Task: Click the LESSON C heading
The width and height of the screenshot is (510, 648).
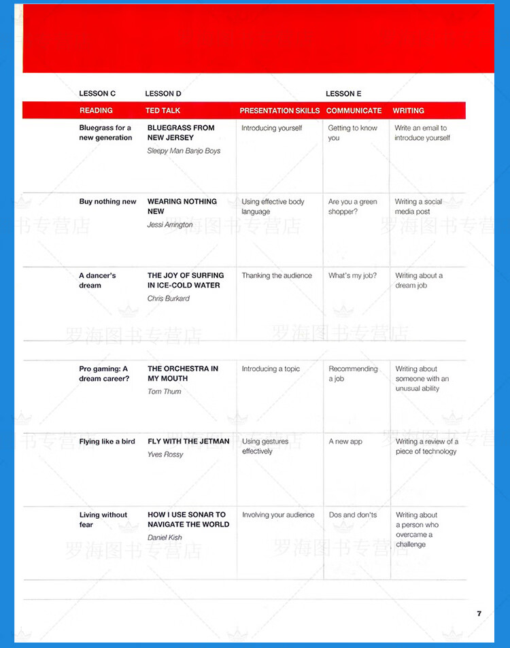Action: pos(97,93)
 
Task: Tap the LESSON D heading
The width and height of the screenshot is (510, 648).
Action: pos(163,93)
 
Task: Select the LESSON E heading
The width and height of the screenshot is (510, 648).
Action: pos(343,93)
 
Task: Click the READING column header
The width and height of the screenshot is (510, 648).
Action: pos(96,110)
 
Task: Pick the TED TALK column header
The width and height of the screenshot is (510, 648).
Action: pos(163,110)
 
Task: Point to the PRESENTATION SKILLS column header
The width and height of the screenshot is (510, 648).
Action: pos(279,110)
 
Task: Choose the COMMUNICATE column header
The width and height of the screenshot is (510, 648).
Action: pos(354,110)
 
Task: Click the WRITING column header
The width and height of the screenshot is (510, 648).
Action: pos(408,110)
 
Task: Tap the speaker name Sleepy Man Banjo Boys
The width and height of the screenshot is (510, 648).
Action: pos(184,151)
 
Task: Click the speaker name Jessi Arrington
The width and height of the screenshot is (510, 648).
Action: pos(170,224)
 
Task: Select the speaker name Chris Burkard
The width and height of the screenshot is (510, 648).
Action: pos(169,299)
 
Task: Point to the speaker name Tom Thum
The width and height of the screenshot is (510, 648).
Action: pos(165,392)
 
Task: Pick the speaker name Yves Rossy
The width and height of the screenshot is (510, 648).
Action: pos(165,454)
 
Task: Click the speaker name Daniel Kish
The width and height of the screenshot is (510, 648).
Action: pos(165,537)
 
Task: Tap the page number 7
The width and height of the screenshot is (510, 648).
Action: pos(479,613)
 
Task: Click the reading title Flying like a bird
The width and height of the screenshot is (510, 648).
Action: pos(107,441)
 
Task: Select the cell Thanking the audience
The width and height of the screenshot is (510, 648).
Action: pos(277,275)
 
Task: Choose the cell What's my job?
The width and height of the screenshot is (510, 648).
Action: pos(352,275)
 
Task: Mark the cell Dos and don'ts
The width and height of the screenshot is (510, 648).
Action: pos(353,515)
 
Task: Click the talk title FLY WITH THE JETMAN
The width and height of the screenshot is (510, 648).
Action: pos(188,441)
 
